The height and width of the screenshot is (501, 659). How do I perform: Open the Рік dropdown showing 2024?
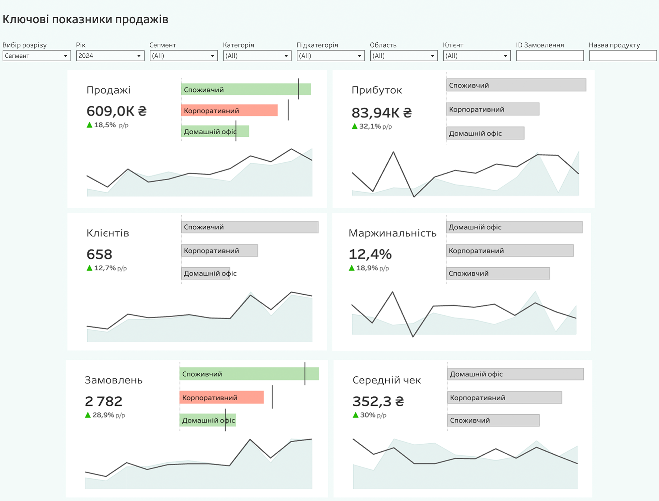click(110, 56)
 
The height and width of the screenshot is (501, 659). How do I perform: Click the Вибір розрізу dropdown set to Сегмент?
click(36, 56)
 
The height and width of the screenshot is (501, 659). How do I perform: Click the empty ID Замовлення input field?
click(550, 56)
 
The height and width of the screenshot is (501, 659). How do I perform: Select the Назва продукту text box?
click(623, 56)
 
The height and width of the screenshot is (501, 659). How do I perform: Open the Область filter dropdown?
click(404, 56)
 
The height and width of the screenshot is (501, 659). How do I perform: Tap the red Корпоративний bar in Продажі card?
click(229, 110)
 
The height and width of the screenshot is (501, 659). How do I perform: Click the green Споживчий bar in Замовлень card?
click(249, 374)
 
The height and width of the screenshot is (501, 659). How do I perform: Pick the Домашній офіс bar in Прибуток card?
click(485, 133)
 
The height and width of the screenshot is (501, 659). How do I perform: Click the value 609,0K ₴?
click(116, 111)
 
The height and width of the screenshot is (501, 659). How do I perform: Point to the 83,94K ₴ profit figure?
click(381, 113)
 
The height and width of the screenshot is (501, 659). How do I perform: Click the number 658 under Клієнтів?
click(99, 254)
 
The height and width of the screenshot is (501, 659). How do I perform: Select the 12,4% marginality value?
click(370, 254)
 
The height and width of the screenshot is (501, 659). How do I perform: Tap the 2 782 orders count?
click(104, 401)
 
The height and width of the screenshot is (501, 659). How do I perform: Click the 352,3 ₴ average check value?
click(378, 401)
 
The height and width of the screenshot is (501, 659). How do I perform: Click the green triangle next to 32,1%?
click(355, 126)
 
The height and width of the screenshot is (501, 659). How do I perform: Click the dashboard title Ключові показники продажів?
click(85, 19)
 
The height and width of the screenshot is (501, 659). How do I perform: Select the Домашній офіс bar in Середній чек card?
click(515, 374)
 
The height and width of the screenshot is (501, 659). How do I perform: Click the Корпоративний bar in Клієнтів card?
click(219, 251)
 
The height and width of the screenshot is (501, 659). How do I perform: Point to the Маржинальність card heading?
click(392, 233)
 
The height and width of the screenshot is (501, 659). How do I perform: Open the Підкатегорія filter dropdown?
click(330, 56)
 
